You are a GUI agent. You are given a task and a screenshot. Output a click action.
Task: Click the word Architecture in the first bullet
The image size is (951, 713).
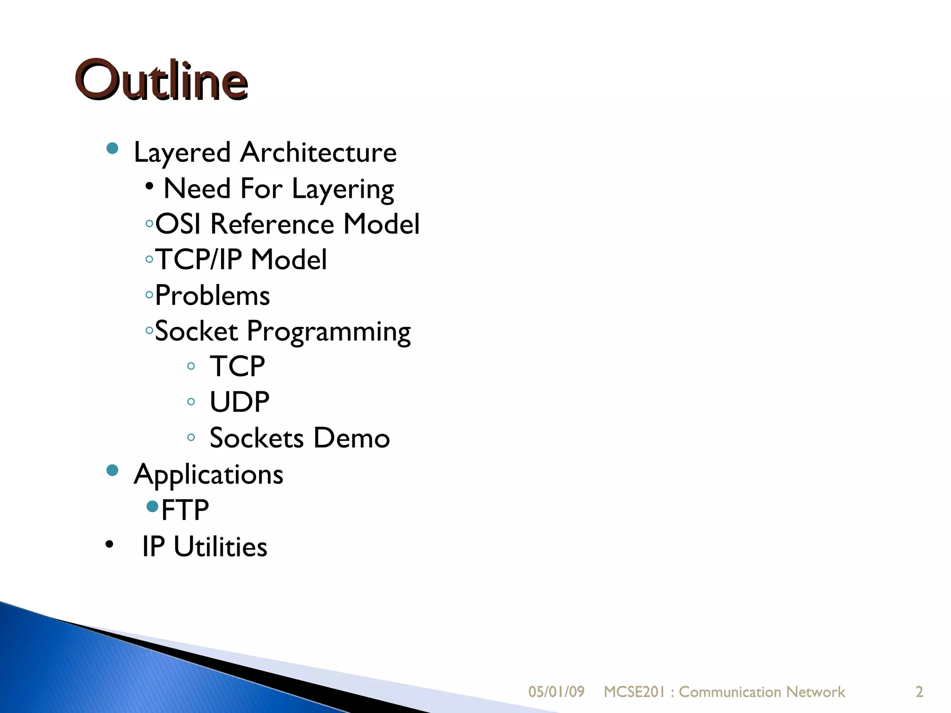[x=318, y=152]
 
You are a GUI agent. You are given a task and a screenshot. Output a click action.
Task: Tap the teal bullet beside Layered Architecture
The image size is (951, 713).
[x=112, y=149]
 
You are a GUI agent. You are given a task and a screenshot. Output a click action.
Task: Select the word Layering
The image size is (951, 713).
[x=343, y=189]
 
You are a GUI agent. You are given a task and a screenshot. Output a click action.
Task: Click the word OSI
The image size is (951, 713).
[x=178, y=224]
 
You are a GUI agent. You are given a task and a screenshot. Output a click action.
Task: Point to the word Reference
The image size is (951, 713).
[x=272, y=224]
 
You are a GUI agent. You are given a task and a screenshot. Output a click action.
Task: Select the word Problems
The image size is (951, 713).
[x=212, y=296]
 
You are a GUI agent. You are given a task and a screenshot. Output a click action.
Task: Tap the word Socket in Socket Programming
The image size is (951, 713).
[x=196, y=331]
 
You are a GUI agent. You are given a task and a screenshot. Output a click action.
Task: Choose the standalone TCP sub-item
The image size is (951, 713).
[x=237, y=366]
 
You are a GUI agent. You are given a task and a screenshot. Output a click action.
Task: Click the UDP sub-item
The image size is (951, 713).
[x=239, y=402]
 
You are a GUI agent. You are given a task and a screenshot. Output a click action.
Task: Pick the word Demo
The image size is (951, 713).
[x=352, y=438]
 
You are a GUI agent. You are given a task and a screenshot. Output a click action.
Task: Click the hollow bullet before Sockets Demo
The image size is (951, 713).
[x=191, y=437]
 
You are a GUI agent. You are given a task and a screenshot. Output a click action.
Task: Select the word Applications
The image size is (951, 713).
[x=208, y=475]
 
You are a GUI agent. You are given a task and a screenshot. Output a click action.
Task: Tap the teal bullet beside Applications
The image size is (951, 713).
[x=112, y=471]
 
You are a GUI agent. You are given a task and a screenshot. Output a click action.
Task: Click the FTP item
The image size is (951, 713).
[x=185, y=510]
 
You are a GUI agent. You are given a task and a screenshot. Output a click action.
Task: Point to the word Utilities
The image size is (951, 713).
[x=220, y=547]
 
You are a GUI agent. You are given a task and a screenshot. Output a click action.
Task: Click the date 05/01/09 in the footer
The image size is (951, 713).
[x=556, y=692]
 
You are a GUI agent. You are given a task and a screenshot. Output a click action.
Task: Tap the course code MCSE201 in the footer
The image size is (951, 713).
[x=634, y=692]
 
